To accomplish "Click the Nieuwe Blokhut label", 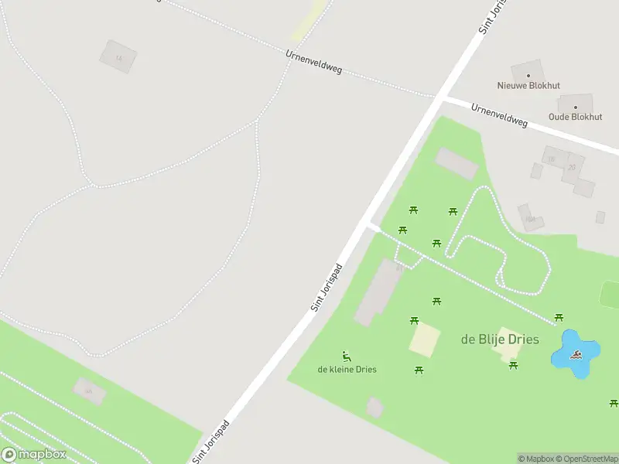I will pyautogui.click(x=528, y=85).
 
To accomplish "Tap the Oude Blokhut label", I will pyautogui.click(x=575, y=117).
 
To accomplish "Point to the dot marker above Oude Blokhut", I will pyautogui.click(x=575, y=107).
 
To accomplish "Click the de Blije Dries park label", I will pyautogui.click(x=500, y=339).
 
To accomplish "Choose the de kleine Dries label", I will pyautogui.click(x=347, y=369).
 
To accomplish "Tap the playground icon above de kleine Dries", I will pyautogui.click(x=347, y=357).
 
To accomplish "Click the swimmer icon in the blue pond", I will pyautogui.click(x=576, y=356).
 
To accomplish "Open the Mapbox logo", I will pyautogui.click(x=33, y=455).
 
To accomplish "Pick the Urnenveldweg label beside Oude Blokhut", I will pyautogui.click(x=499, y=116).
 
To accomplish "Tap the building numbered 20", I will pyautogui.click(x=572, y=168).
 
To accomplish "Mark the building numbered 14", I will pyautogui.click(x=118, y=57).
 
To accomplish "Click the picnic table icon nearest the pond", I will pyautogui.click(x=559, y=317).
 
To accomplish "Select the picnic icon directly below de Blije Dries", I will pyautogui.click(x=513, y=365).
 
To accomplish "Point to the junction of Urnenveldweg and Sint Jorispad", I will pyautogui.click(x=439, y=97).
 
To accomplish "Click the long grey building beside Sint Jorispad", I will pyautogui.click(x=378, y=292).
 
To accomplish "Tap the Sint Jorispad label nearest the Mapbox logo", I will pyautogui.click(x=211, y=442).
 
